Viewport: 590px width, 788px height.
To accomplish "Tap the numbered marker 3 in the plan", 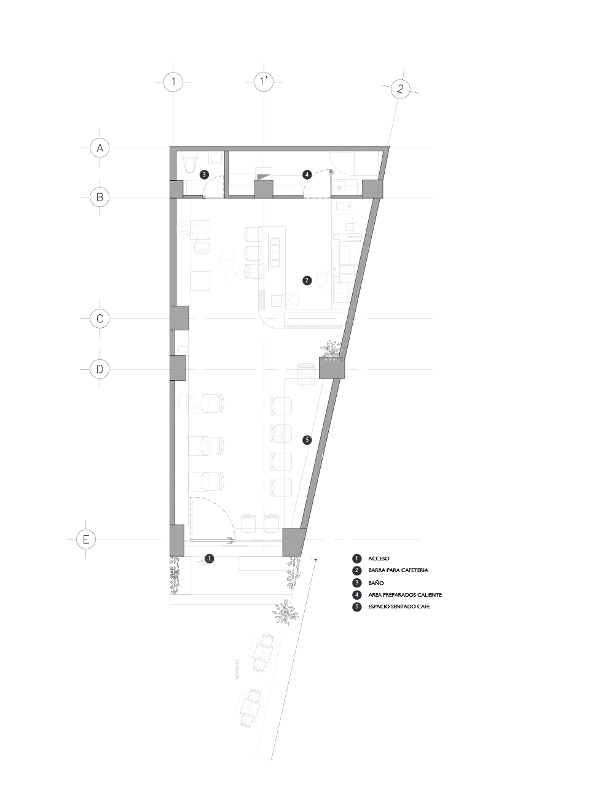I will pyautogui.click(x=205, y=175).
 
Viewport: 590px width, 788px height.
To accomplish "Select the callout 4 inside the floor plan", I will pyautogui.click(x=307, y=175).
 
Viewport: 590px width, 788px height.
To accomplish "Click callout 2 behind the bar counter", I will pyautogui.click(x=307, y=280).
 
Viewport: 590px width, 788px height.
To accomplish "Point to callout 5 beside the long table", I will pyautogui.click(x=308, y=440).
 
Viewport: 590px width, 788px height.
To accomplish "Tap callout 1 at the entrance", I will pyautogui.click(x=210, y=558).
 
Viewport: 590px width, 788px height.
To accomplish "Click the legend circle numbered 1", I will pyautogui.click(x=357, y=559).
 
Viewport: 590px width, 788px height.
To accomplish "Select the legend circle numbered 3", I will pyautogui.click(x=357, y=583).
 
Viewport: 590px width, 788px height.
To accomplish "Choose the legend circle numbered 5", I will pyautogui.click(x=357, y=607).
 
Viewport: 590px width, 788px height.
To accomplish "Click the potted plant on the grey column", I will pyautogui.click(x=333, y=355).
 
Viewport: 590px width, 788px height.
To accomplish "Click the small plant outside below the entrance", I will pyautogui.click(x=284, y=612).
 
